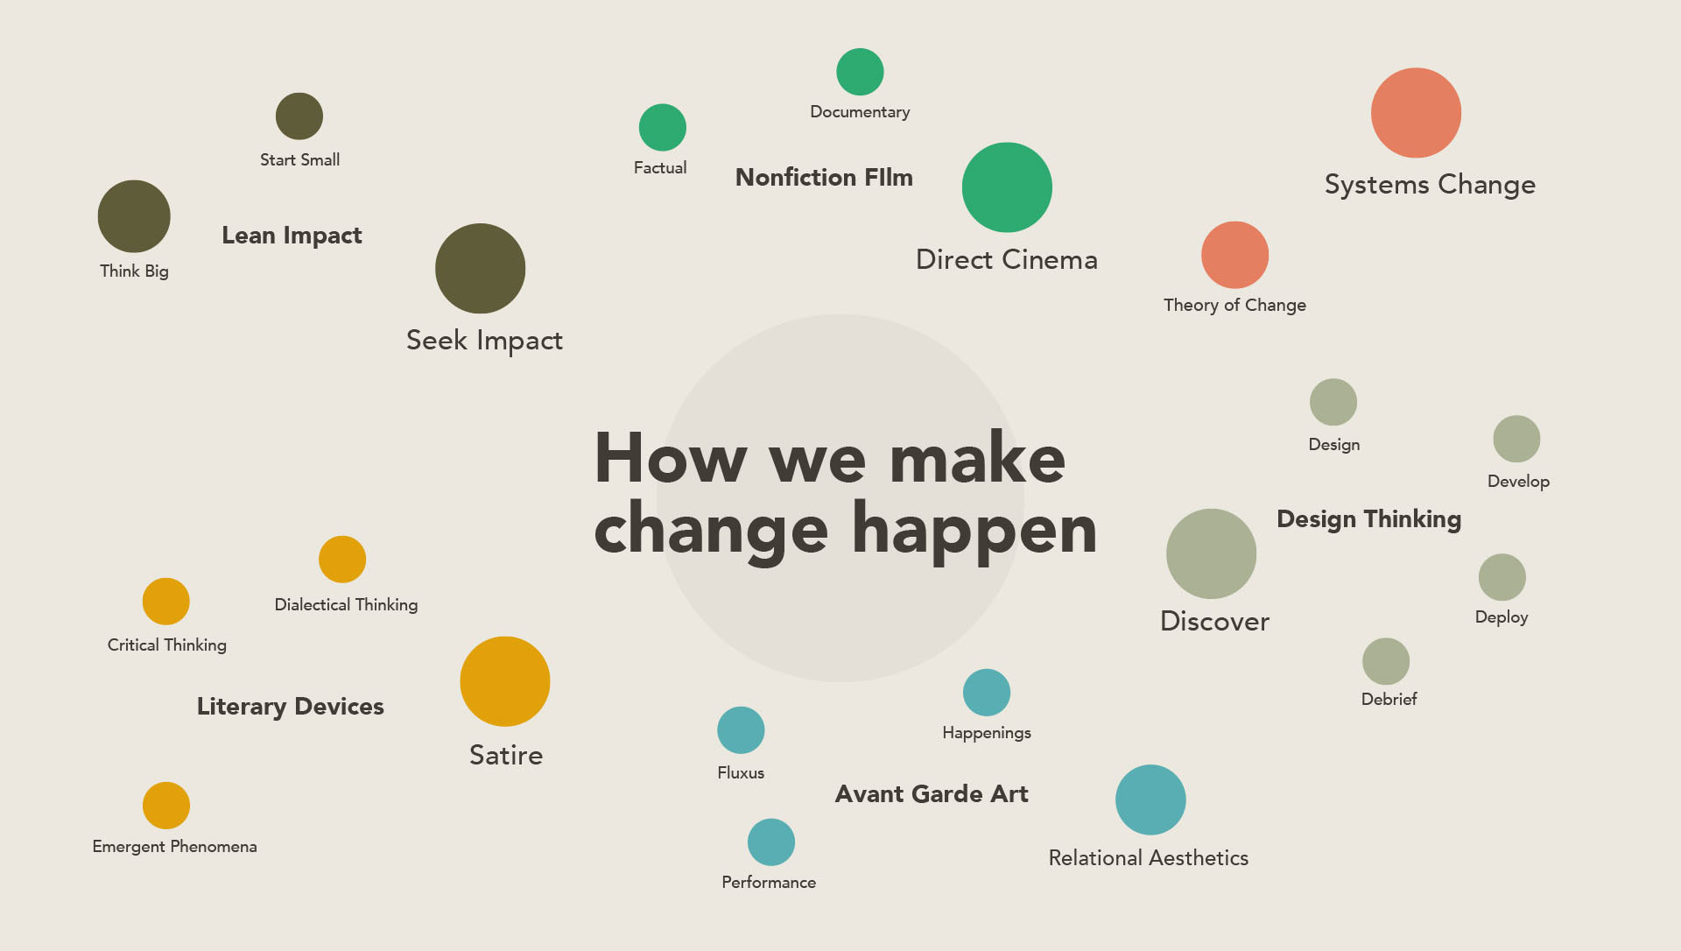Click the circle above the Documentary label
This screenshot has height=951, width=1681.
860,72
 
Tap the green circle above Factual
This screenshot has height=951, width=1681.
663,128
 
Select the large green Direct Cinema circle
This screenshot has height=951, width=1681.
1007,187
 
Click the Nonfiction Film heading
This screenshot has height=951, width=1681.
824,177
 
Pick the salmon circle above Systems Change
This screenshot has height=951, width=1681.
1416,113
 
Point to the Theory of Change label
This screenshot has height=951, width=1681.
1234,305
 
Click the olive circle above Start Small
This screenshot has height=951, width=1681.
299,116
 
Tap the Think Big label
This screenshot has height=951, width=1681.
134,271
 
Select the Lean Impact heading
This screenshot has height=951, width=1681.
292,236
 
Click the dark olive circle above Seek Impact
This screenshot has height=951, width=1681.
481,269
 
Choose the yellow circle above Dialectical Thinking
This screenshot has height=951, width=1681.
342,560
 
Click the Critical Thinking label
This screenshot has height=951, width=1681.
167,645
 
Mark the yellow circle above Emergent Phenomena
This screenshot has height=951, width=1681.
166,806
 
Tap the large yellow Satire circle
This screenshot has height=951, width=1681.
505,681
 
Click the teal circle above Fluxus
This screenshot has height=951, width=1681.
741,730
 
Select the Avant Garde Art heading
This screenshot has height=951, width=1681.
932,794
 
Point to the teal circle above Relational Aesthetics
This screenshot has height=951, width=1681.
1150,800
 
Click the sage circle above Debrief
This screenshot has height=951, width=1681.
1386,661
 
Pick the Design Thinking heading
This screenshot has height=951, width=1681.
1369,519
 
